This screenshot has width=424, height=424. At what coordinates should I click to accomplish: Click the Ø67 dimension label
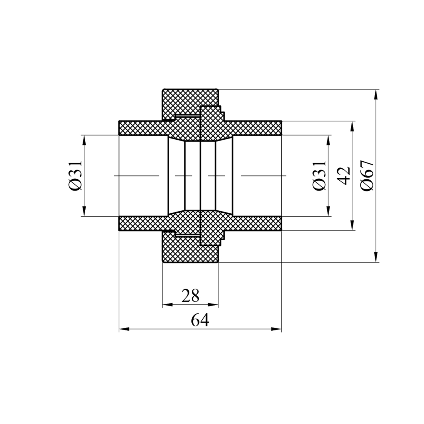click(x=367, y=176)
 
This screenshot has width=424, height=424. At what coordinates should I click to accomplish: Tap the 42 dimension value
click(x=344, y=176)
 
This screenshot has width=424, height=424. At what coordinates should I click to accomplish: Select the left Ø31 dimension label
click(x=75, y=176)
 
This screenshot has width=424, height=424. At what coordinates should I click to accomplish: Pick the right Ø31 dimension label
click(x=319, y=176)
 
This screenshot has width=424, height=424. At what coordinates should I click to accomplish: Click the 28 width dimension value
click(x=190, y=295)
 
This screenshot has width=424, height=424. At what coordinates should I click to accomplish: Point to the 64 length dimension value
click(x=200, y=320)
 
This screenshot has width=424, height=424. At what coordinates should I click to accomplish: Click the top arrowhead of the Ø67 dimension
click(x=376, y=94)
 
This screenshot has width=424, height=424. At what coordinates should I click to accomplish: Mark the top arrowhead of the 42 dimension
click(x=352, y=126)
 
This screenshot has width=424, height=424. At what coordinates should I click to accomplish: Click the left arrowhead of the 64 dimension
click(x=124, y=329)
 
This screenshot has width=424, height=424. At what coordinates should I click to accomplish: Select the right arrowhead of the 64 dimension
click(x=276, y=329)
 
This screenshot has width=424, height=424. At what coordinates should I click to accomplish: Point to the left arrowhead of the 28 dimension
click(x=168, y=305)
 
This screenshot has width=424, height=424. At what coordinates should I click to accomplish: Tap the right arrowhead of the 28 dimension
click(x=213, y=305)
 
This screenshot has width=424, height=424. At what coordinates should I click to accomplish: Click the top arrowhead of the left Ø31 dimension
click(x=84, y=140)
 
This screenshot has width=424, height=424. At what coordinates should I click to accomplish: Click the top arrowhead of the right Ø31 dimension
click(x=328, y=140)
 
